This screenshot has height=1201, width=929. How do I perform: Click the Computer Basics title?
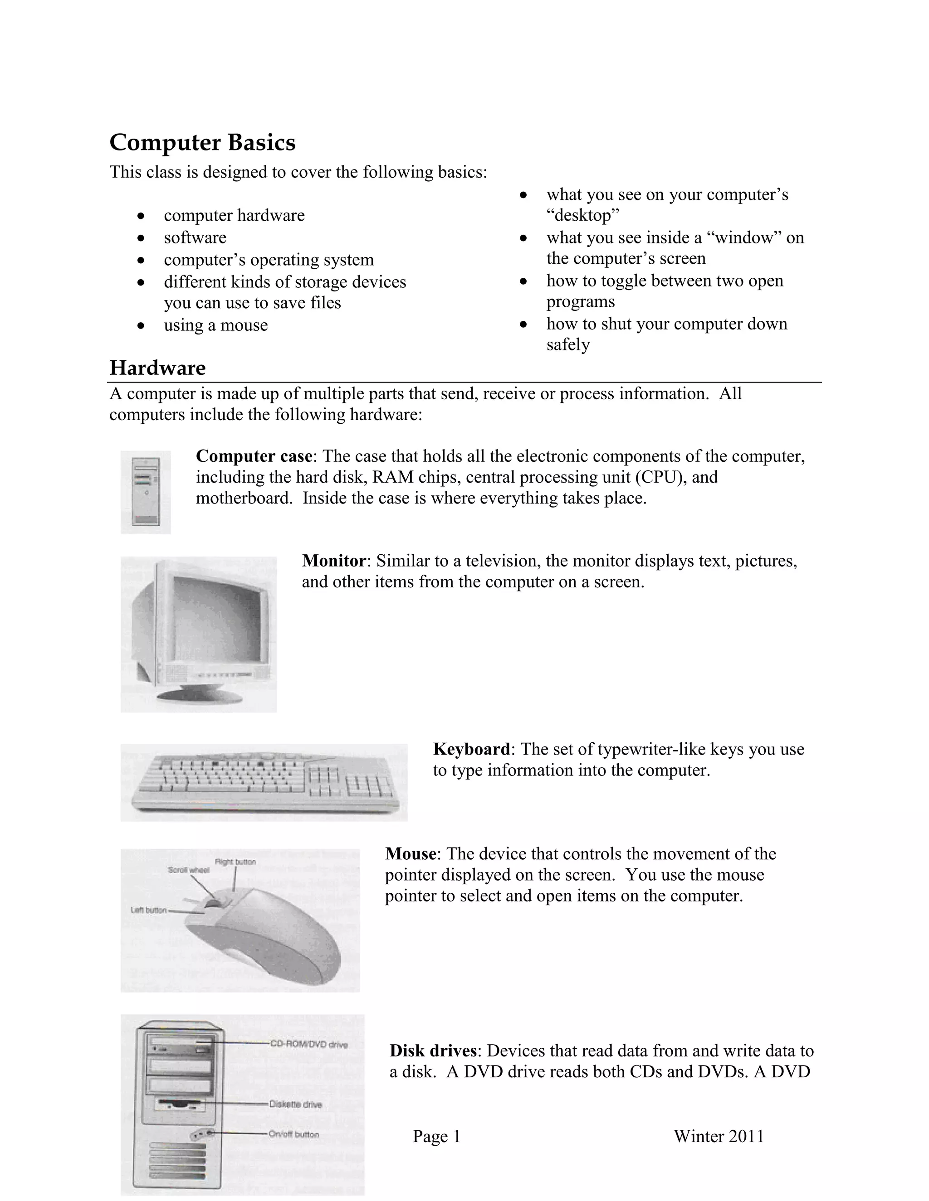click(202, 142)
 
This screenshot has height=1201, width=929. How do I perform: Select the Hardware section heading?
click(157, 368)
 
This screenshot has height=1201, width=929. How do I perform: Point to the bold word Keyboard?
click(472, 749)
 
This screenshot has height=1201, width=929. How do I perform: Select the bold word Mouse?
click(411, 853)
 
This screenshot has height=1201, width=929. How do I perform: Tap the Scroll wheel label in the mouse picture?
click(188, 870)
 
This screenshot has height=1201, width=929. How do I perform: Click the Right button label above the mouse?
click(235, 862)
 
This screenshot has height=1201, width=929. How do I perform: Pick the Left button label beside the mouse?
click(148, 910)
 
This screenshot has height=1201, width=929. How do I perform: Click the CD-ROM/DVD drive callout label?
click(308, 1044)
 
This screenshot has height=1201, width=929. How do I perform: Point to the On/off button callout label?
click(293, 1134)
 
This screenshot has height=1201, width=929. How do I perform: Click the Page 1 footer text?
click(436, 1136)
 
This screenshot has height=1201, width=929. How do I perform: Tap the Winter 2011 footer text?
click(719, 1136)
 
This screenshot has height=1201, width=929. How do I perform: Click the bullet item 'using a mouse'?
click(216, 325)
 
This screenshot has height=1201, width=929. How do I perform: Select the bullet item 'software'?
click(195, 237)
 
